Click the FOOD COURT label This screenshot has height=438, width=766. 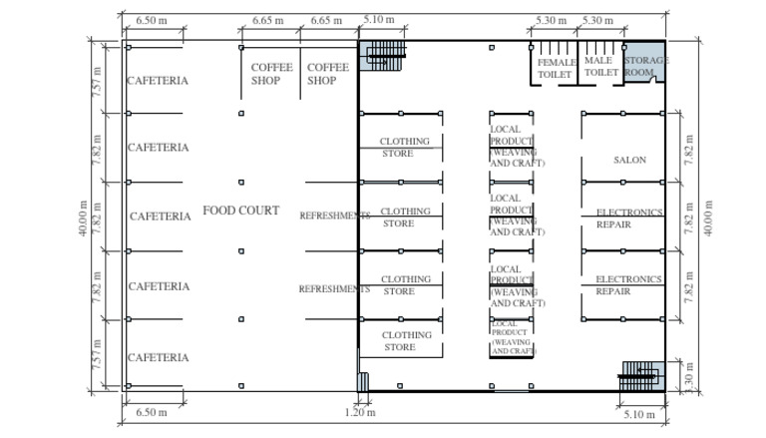click(240, 212)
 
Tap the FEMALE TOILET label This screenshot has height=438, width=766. click(557, 68)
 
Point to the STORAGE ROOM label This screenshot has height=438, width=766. click(644, 66)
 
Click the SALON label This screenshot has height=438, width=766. click(629, 160)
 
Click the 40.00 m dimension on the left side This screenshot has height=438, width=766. click(98, 219)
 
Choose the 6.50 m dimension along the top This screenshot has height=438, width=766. click(152, 19)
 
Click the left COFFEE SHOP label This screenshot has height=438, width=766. click(271, 74)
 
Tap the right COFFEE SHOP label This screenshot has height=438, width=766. click(328, 74)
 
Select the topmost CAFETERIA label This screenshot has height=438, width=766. click(158, 81)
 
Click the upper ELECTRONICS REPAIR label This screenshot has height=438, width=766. click(628, 219)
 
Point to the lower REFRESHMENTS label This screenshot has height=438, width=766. click(334, 289)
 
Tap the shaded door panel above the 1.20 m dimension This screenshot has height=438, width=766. click(363, 382)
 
